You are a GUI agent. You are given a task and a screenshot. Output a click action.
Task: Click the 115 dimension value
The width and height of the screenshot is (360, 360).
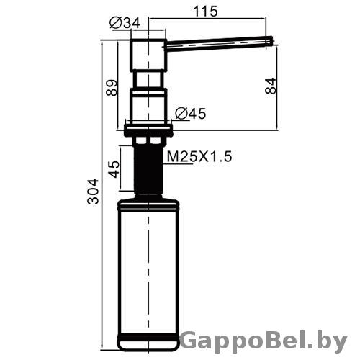205,12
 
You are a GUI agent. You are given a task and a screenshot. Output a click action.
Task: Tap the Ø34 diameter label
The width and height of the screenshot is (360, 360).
125,23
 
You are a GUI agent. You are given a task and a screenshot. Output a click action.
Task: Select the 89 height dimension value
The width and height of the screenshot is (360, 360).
112,88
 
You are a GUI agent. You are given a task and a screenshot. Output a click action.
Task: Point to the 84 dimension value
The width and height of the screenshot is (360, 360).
271,86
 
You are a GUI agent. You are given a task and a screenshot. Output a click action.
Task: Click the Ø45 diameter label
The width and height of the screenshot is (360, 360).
191,114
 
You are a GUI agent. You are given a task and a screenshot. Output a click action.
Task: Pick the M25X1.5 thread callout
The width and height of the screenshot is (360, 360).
199,157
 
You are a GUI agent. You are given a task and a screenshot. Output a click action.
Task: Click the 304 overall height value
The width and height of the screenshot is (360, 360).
93,192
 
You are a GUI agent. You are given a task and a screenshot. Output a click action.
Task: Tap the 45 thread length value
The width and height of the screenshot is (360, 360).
114,169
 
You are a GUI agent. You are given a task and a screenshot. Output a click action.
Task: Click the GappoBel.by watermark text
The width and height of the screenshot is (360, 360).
264,341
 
